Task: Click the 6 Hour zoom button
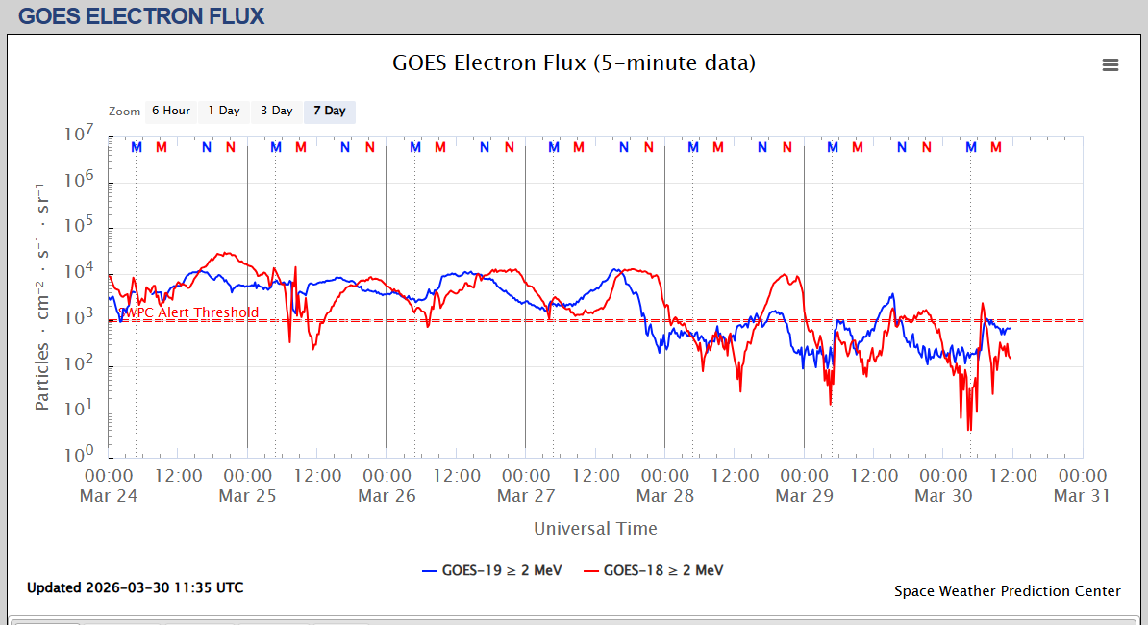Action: click(171, 111)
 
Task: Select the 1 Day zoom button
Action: click(224, 111)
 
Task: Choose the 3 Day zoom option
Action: click(277, 111)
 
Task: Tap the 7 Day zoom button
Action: click(330, 111)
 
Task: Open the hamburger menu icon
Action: click(1111, 64)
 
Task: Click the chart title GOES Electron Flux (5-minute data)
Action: click(574, 63)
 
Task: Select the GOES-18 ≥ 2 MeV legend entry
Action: click(654, 570)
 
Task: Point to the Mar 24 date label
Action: click(109, 496)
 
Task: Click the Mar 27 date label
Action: click(526, 496)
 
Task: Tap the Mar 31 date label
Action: click(1082, 496)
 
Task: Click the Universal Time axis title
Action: click(595, 528)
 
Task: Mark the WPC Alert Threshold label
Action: click(190, 312)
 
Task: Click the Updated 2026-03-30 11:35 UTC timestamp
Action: click(135, 587)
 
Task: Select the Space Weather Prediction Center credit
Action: click(1007, 591)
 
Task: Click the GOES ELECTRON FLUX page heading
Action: click(141, 16)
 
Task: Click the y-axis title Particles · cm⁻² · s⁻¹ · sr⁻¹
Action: click(42, 294)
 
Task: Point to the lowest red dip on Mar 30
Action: click(968, 429)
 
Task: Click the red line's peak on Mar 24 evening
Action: click(225, 253)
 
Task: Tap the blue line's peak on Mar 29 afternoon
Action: click(892, 294)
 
